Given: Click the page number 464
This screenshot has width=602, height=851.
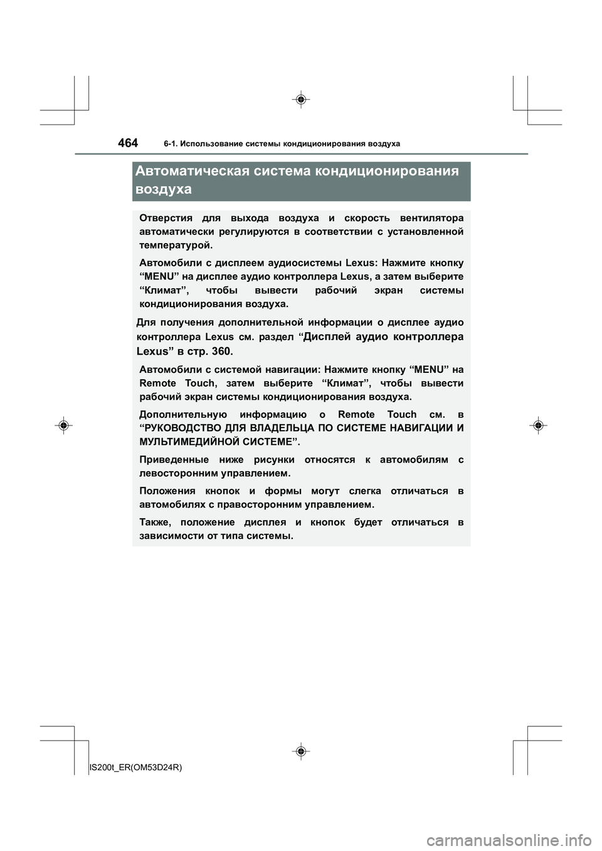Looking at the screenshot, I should [x=128, y=143].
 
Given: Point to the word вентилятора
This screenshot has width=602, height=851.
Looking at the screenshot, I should [x=433, y=218].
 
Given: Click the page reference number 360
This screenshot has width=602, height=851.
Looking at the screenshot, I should [x=222, y=351].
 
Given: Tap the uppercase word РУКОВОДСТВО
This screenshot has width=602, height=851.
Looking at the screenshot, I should [x=184, y=429].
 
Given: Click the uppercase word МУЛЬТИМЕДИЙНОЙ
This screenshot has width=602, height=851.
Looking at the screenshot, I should [x=190, y=442].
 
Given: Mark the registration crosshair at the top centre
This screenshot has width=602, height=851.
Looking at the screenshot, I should [x=301, y=100].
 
